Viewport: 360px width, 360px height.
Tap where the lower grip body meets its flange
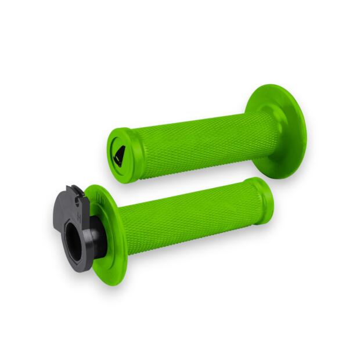(x=124, y=229)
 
